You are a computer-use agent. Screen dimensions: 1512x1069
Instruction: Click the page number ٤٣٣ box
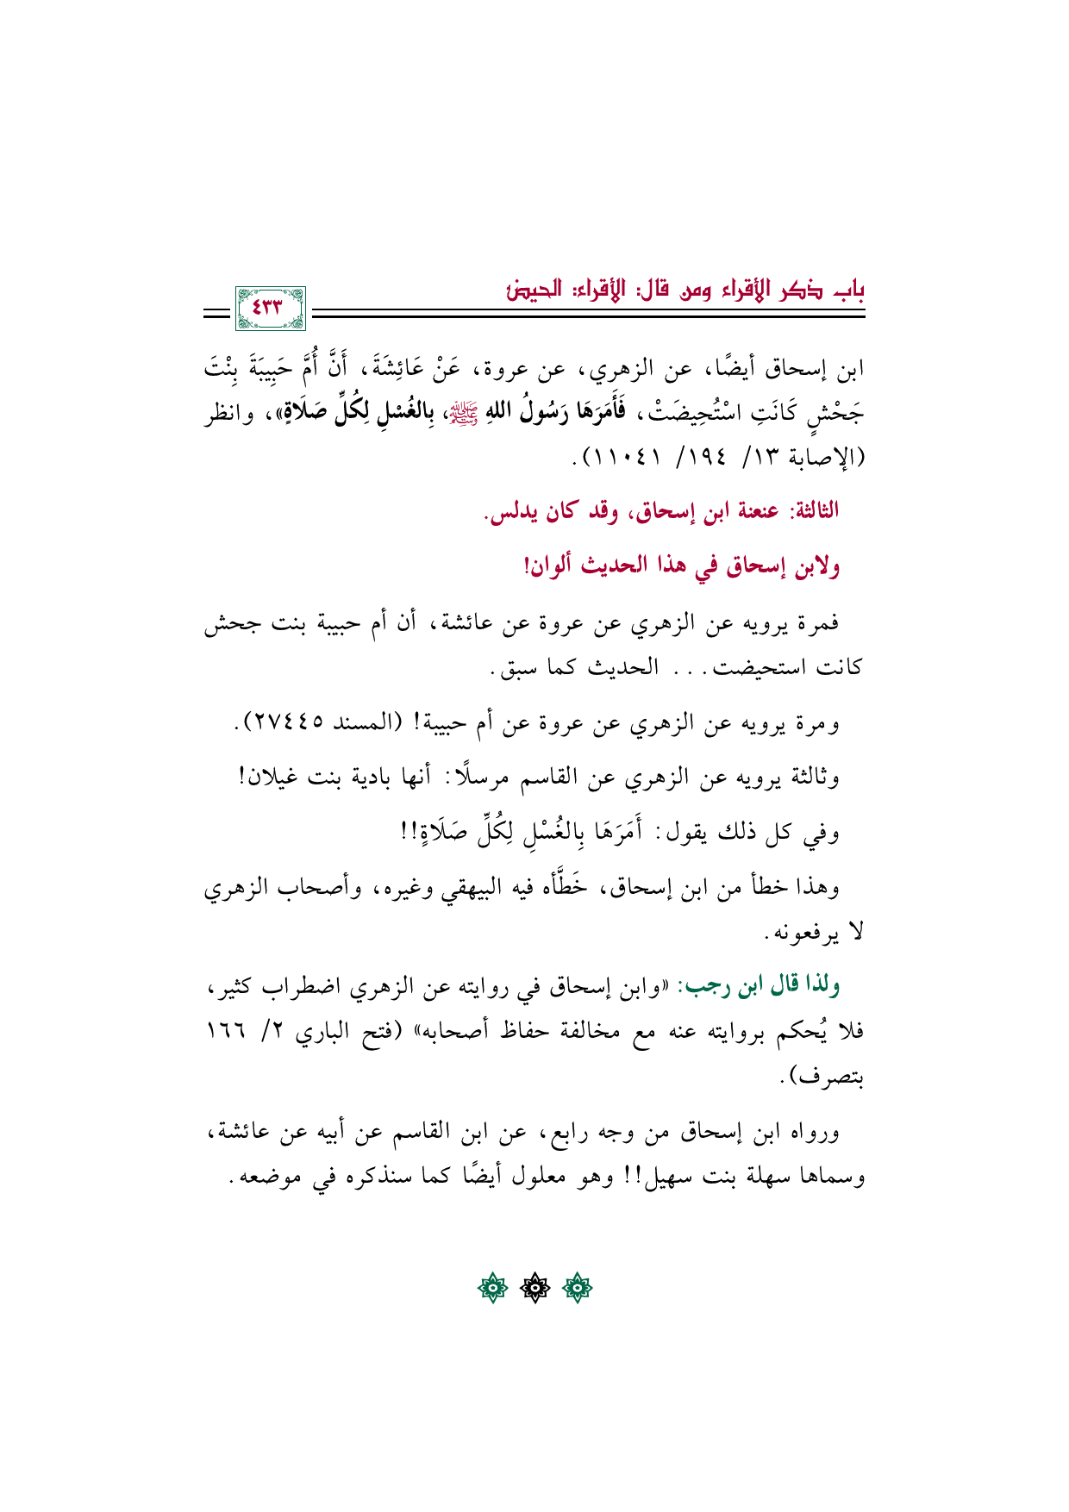coord(270,308)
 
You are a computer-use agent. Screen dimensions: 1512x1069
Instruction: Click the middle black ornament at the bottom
coord(534,1289)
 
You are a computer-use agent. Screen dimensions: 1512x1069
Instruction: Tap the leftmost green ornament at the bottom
coord(492,1289)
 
